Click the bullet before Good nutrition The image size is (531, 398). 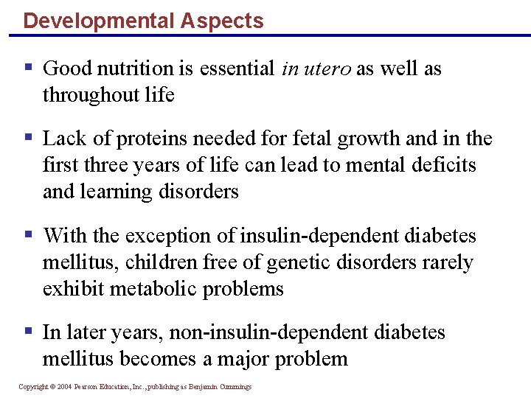(x=28, y=68)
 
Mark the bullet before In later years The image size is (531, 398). (x=28, y=332)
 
